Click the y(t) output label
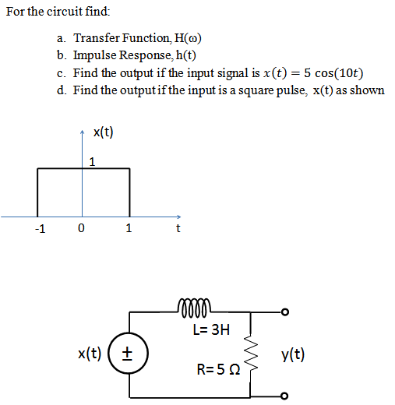click(292, 355)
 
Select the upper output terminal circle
click(286, 313)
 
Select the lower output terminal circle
click(286, 396)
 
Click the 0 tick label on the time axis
click(81, 229)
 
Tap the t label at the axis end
click(178, 229)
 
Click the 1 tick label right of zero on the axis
click(129, 229)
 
